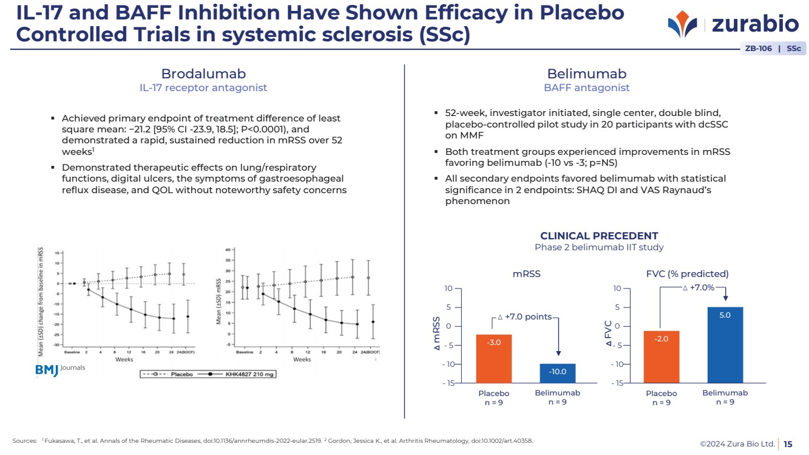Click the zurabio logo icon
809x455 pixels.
pos(683,24)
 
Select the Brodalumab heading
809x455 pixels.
pos(203,74)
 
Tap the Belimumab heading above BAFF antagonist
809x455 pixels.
pos(586,74)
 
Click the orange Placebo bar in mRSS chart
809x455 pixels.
pos(493,358)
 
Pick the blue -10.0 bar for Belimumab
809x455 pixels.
pos(557,373)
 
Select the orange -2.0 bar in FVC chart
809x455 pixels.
pos(661,357)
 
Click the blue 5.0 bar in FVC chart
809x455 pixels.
pos(725,344)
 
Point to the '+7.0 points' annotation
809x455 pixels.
pos(524,316)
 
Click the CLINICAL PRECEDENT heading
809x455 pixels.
pos(598,236)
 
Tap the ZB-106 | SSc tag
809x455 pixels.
pos(772,49)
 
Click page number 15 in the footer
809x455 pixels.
pos(788,444)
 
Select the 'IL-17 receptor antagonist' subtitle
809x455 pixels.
pos(203,88)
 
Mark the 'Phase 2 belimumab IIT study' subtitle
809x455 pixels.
pos(598,247)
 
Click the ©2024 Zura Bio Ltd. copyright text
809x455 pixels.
pos(737,444)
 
